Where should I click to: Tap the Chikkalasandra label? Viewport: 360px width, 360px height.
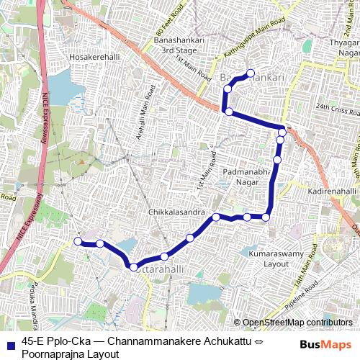(176, 213)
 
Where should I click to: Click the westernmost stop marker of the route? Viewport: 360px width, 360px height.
(78, 242)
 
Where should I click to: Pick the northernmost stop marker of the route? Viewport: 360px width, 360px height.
(251, 72)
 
